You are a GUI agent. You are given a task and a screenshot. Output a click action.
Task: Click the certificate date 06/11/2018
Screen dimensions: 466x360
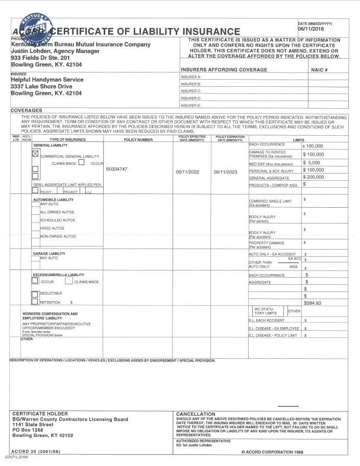pyautogui.click(x=311, y=29)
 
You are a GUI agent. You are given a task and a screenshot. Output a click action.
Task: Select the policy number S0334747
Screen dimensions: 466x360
pyautogui.click(x=117, y=169)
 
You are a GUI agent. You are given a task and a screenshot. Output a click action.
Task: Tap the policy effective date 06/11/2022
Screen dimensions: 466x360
pyautogui.click(x=187, y=172)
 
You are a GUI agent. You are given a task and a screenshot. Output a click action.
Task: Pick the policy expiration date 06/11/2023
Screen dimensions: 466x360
pyautogui.click(x=226, y=172)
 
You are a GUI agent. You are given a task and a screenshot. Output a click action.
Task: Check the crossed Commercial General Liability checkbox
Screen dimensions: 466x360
pyautogui.click(x=36, y=153)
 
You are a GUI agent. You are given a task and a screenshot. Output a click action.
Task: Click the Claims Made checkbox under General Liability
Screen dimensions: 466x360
pyautogui.click(x=81, y=163)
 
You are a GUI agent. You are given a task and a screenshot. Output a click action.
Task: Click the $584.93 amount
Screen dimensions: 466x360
pyautogui.click(x=313, y=303)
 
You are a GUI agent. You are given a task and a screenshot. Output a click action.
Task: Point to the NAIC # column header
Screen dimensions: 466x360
pyautogui.click(x=319, y=69)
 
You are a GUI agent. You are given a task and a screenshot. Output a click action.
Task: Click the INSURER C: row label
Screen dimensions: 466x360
pyautogui.click(x=191, y=91)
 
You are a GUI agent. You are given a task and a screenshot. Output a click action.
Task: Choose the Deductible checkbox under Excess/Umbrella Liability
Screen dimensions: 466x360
pyautogui.click(x=35, y=294)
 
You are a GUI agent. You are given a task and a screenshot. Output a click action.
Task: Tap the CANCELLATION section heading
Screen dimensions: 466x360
pyautogui.click(x=196, y=413)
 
